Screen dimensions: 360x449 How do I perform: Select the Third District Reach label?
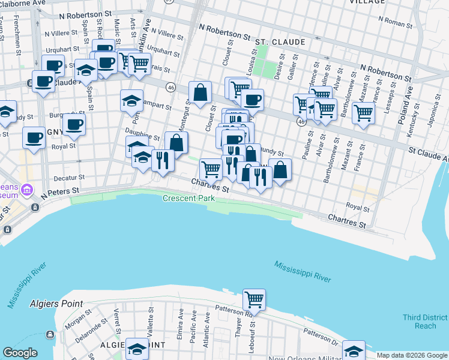425,322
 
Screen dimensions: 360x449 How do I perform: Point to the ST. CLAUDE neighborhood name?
280,42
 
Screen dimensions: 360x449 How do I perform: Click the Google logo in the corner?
20,353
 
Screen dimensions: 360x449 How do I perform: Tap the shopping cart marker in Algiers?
254,298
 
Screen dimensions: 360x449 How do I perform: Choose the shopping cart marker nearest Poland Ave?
363,112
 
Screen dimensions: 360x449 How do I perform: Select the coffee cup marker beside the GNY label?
74,124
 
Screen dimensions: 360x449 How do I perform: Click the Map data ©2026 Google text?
412,355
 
